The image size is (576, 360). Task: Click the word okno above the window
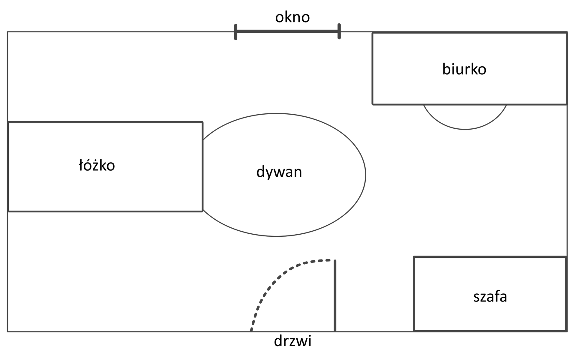[x=292, y=17]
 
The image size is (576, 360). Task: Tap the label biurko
[x=464, y=69]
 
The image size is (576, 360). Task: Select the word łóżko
[x=97, y=166]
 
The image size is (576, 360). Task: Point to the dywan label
[x=279, y=172]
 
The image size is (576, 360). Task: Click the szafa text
[x=490, y=296]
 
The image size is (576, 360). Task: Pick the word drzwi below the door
[x=292, y=341]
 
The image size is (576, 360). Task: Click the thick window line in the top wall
[x=287, y=31]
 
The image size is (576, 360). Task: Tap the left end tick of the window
[x=236, y=32]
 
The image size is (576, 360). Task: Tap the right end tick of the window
[x=339, y=31]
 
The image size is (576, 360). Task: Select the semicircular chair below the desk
[x=465, y=120]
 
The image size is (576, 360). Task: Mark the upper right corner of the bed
[x=202, y=122]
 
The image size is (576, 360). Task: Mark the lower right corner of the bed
[x=202, y=211]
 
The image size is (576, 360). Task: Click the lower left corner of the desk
[x=373, y=104]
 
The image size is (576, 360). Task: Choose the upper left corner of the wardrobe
[x=414, y=257]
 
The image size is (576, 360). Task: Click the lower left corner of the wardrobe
[x=414, y=331]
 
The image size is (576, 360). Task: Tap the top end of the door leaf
[x=335, y=261]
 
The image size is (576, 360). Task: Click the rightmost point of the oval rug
[x=365, y=175]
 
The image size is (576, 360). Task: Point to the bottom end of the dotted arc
[x=251, y=331]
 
